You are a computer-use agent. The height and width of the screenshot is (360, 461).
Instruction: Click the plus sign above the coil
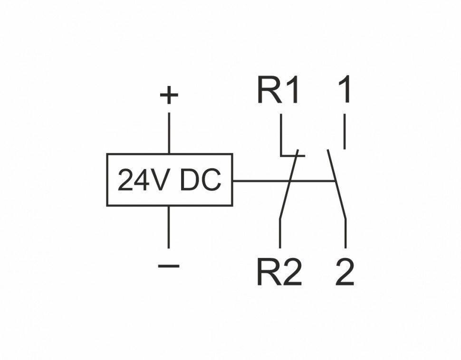169,96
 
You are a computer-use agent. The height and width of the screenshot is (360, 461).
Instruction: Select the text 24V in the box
144,180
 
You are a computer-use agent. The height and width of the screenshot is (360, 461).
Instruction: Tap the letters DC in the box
201,180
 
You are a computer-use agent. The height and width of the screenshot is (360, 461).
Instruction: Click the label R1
279,90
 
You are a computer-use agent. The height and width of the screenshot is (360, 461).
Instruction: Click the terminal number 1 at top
345,90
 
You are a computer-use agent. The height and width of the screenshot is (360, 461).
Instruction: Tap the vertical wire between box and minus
169,227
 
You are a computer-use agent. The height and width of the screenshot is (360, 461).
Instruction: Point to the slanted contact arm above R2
289,185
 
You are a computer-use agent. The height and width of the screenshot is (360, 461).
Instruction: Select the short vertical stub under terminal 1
345,134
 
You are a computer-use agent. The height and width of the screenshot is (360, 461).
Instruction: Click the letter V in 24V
163,180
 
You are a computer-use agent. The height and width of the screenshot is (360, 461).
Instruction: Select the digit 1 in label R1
292,90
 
